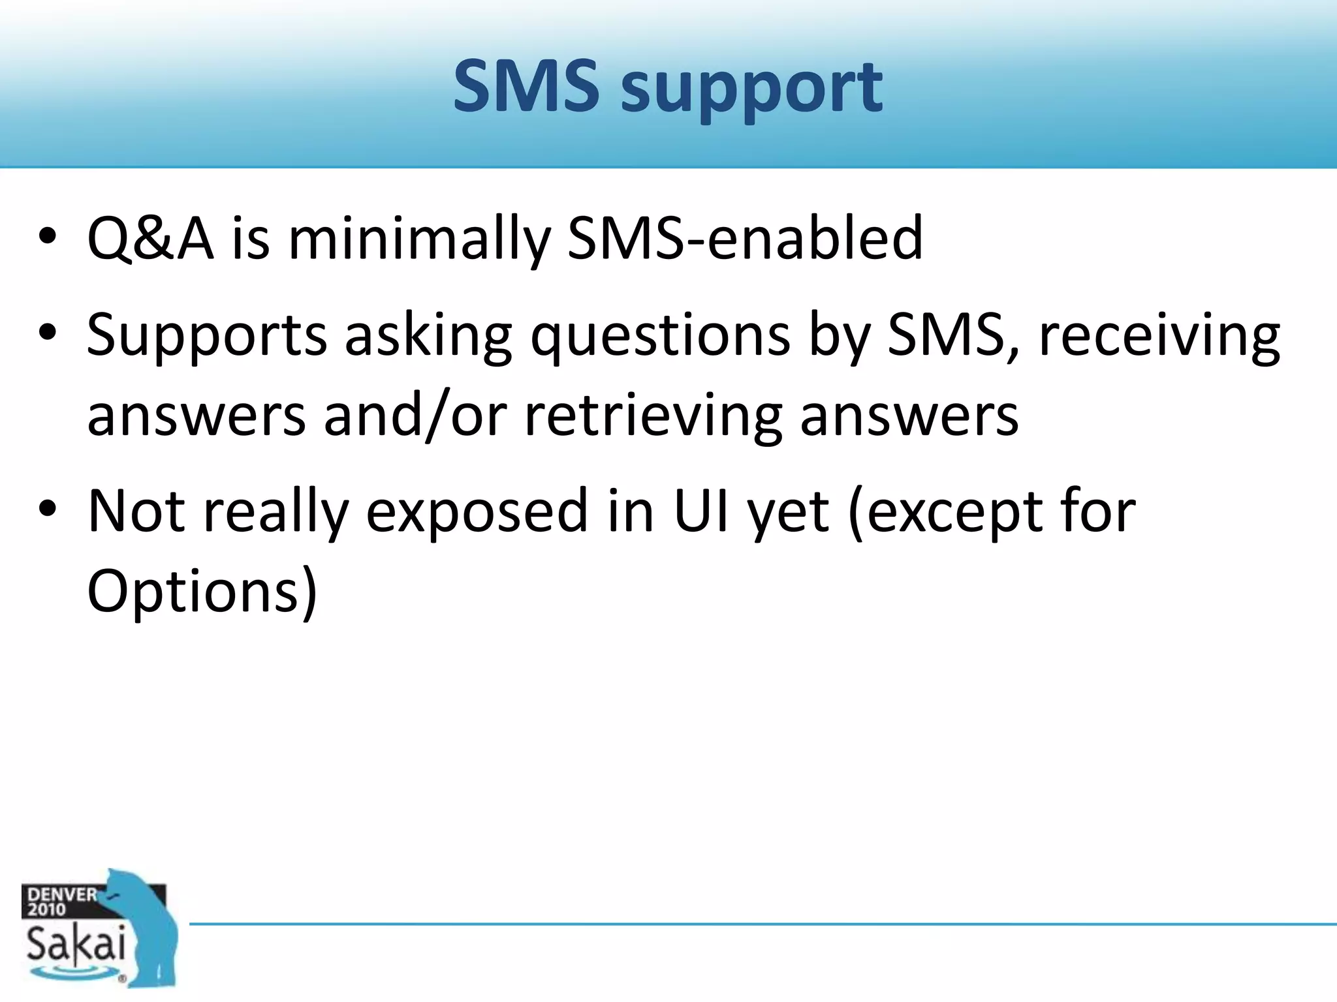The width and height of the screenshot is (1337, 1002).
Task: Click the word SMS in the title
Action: (x=526, y=86)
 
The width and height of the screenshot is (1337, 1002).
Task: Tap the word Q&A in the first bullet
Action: (x=150, y=239)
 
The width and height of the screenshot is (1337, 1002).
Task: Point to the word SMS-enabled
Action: (x=745, y=239)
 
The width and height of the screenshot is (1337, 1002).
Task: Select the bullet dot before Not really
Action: (x=48, y=509)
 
